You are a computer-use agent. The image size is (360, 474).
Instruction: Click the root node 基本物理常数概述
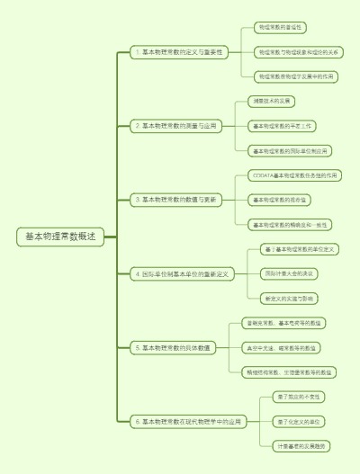tap(60, 237)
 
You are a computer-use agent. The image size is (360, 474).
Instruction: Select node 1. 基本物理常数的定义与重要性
tap(177, 52)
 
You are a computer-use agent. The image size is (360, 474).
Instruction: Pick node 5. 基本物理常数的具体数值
tap(172, 346)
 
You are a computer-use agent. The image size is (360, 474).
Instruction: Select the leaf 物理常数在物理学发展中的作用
tap(295, 76)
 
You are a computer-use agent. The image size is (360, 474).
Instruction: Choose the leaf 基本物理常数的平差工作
tap(283, 126)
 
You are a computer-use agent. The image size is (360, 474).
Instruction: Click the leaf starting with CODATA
tap(294, 174)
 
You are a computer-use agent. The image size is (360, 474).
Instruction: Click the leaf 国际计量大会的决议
tap(289, 273)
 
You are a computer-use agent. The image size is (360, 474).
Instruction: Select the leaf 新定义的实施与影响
tap(289, 298)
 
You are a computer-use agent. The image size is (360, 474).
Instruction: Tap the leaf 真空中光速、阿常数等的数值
tap(283, 346)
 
